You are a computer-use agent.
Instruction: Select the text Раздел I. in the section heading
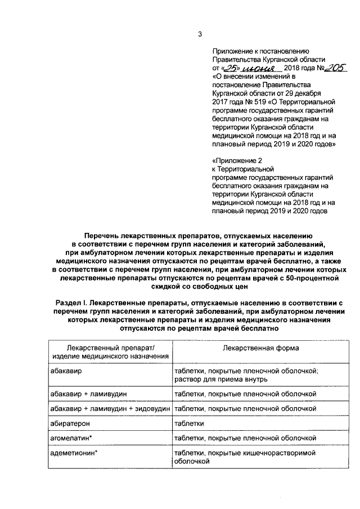74,303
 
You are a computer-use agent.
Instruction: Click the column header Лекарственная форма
260,348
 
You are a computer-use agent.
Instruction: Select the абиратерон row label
70,422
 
